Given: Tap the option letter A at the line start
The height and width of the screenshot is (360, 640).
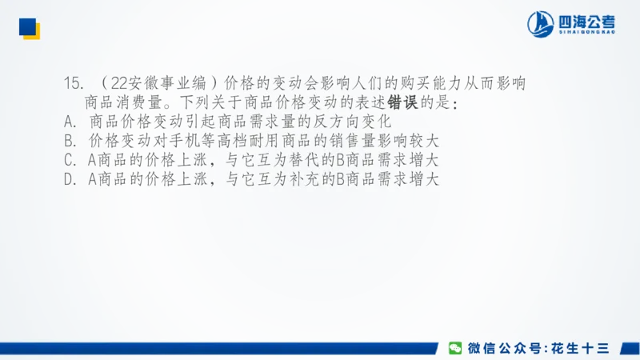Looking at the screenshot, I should tap(68, 122).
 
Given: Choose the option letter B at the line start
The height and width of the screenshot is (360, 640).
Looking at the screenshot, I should tap(68, 141).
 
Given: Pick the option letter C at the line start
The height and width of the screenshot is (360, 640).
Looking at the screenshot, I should tap(68, 159).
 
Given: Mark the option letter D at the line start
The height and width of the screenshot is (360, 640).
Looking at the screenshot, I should tap(68, 178).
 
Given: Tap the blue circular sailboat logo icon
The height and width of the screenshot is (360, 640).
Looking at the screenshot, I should tap(541, 24).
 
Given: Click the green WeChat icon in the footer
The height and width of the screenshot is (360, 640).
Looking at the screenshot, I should tap(454, 348).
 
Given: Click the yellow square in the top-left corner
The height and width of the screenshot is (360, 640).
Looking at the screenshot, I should tap(33, 31).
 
